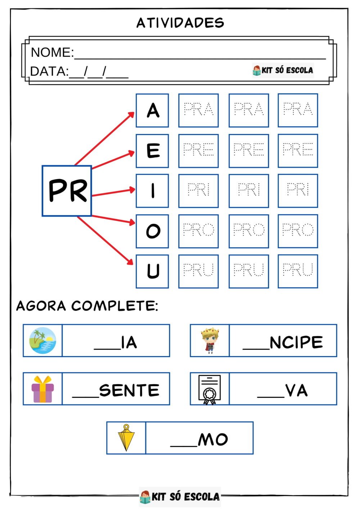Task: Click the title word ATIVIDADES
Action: click(x=180, y=23)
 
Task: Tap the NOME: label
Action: click(x=52, y=52)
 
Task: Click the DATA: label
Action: click(x=50, y=71)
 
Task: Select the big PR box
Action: click(x=67, y=191)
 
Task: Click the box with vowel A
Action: click(x=152, y=111)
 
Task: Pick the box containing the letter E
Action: click(x=152, y=151)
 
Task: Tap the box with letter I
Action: click(x=152, y=191)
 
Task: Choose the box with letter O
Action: click(x=152, y=231)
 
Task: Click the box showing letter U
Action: click(x=152, y=271)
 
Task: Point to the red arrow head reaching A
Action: click(x=131, y=115)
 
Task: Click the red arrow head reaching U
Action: click(x=130, y=262)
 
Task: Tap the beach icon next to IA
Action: click(x=42, y=341)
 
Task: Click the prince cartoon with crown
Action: click(x=210, y=341)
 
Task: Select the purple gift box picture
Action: click(x=42, y=389)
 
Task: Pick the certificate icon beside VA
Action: click(x=210, y=389)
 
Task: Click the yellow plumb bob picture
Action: click(x=126, y=437)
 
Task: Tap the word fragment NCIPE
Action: click(x=296, y=342)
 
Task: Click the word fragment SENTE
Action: click(x=129, y=390)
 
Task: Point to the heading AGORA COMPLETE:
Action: click(x=87, y=306)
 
